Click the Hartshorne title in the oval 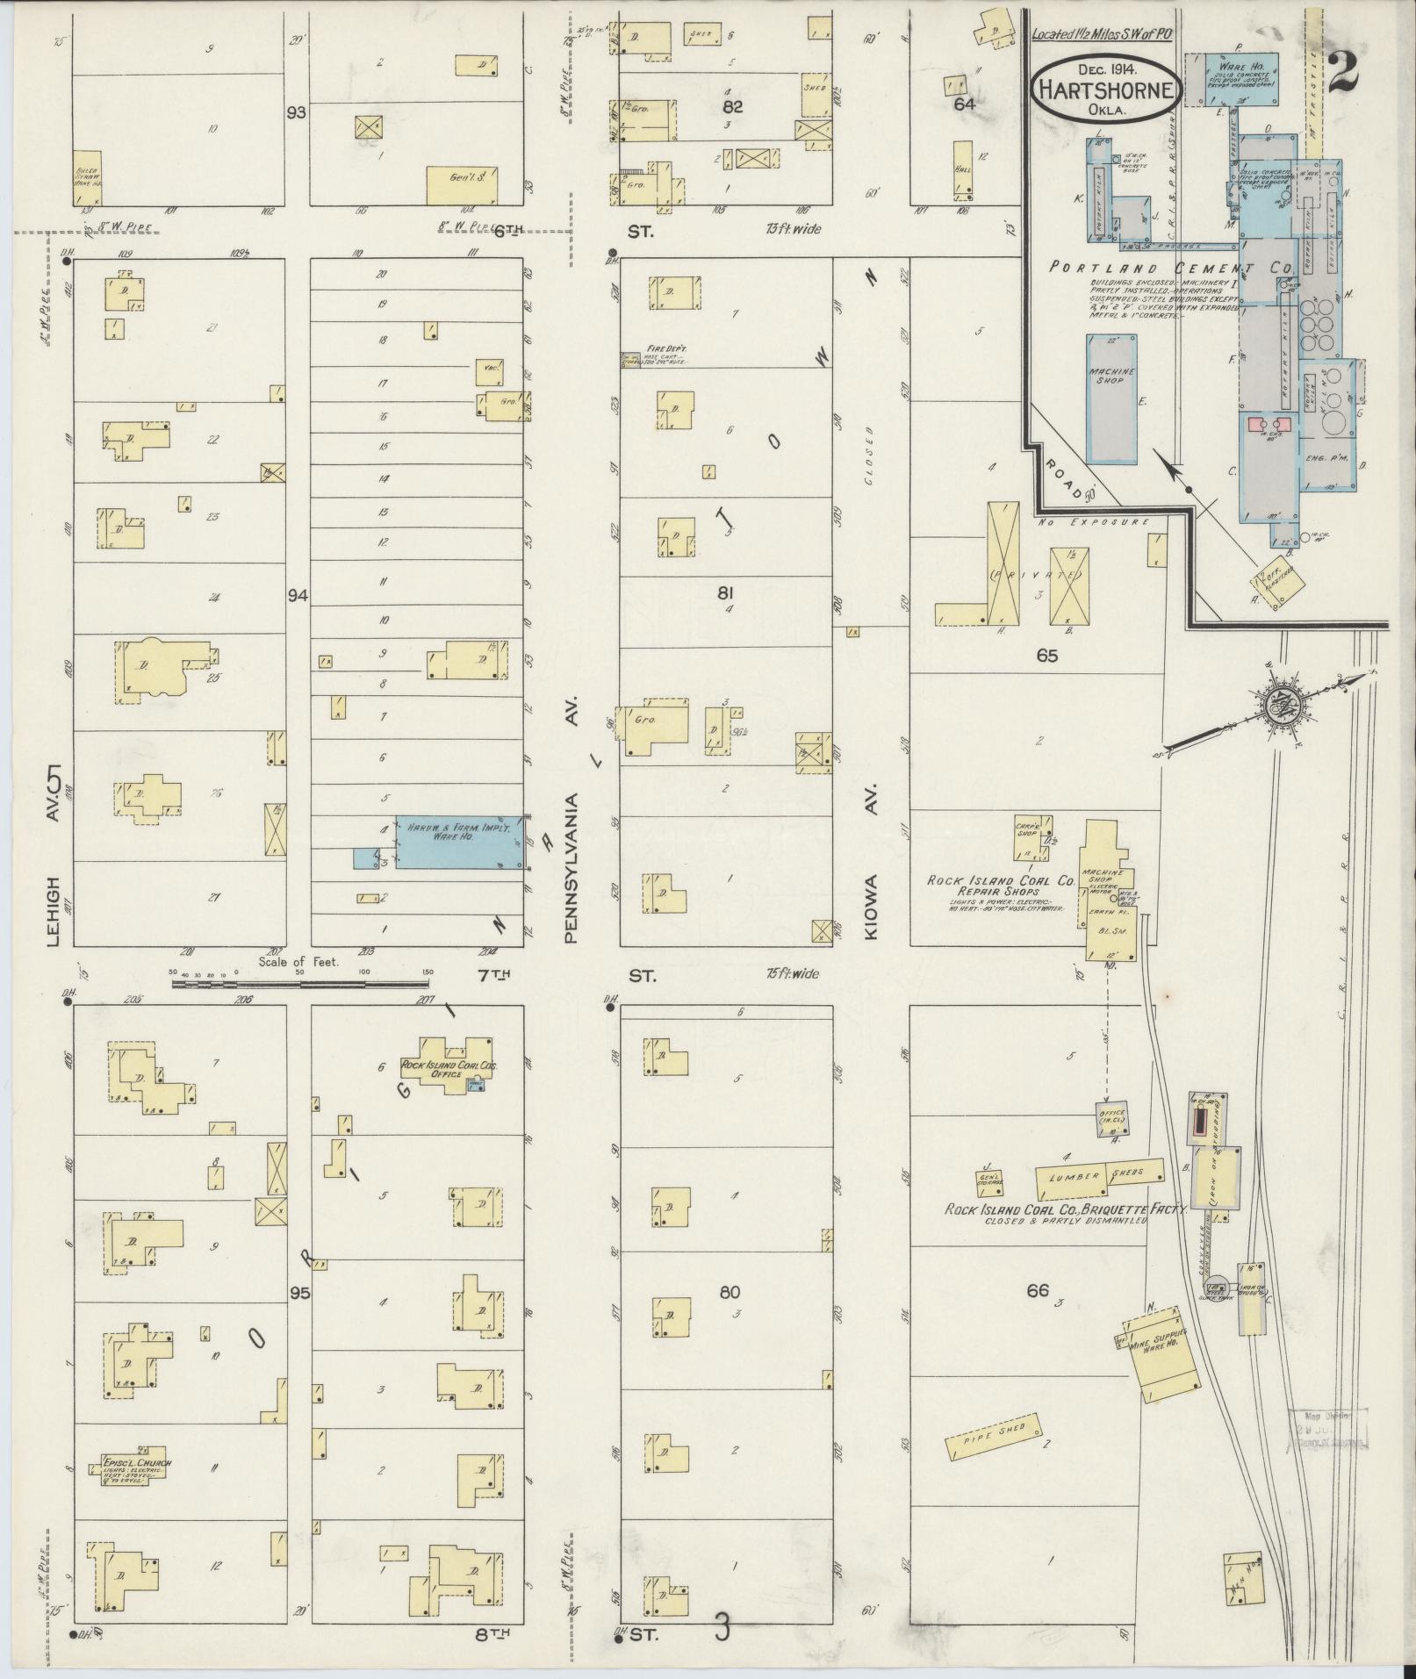point(1104,90)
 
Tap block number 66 point(1038,1290)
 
